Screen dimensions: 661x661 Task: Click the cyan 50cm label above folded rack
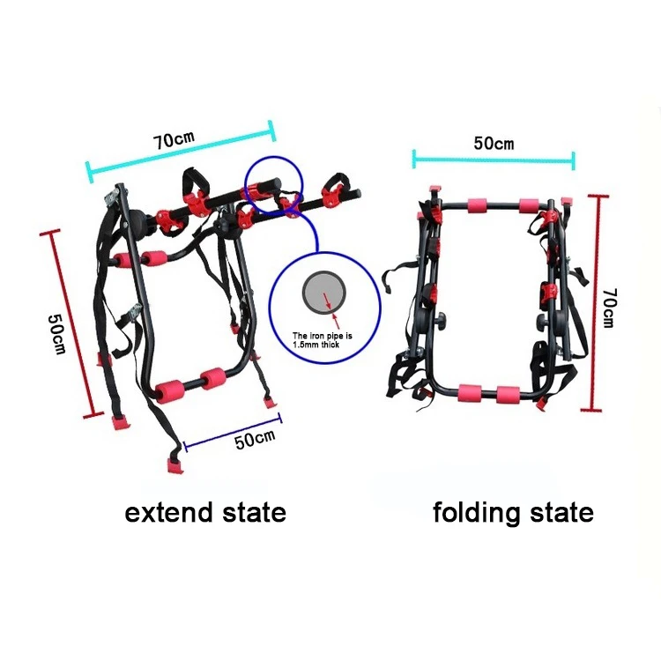point(493,144)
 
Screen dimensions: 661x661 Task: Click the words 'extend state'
point(205,512)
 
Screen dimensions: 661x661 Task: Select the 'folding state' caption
point(513,512)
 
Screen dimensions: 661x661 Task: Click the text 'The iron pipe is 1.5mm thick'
point(321,340)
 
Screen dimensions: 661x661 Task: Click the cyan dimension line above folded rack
point(494,160)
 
